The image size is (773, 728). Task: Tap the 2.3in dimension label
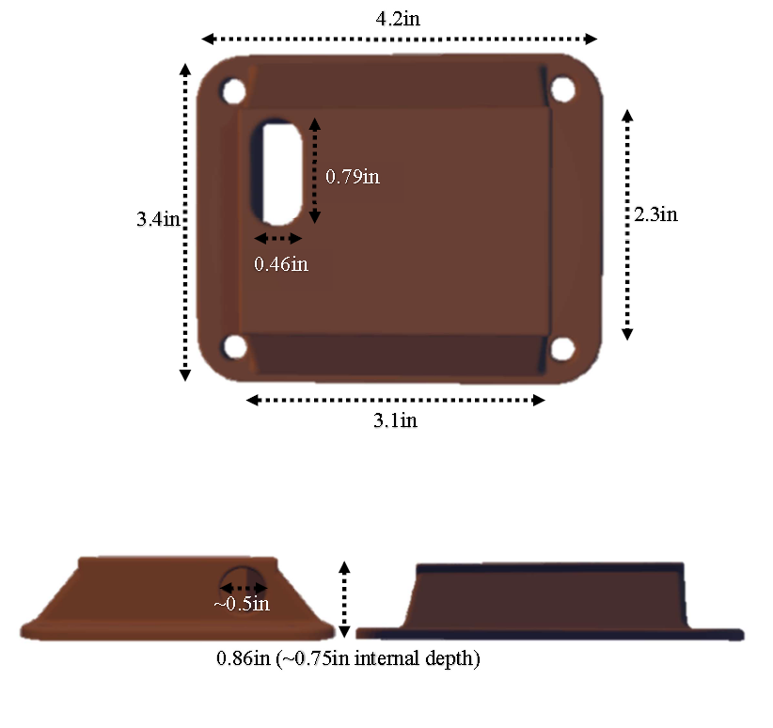(x=655, y=214)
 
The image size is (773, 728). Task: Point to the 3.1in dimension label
(x=396, y=420)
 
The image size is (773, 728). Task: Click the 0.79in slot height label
(x=352, y=176)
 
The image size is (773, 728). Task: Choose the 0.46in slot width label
(x=280, y=264)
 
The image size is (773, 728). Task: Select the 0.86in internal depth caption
(x=348, y=659)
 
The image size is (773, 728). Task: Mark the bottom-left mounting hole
(x=234, y=347)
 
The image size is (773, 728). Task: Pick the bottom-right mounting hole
(x=562, y=348)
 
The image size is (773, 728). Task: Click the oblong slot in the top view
(x=281, y=170)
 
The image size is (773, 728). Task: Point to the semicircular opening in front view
(x=243, y=578)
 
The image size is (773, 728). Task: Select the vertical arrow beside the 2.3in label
(x=628, y=224)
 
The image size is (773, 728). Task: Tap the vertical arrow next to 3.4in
(x=185, y=222)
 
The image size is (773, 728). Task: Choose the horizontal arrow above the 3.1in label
(x=396, y=401)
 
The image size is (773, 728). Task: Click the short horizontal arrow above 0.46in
(x=279, y=238)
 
